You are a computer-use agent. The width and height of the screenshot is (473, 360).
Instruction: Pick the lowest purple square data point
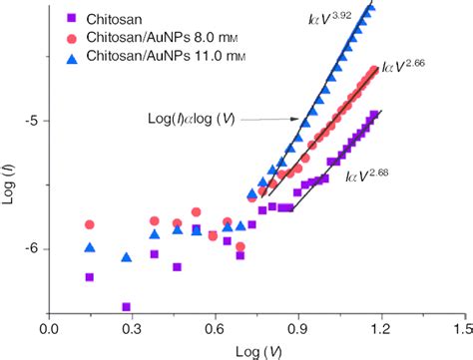(x=127, y=307)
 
